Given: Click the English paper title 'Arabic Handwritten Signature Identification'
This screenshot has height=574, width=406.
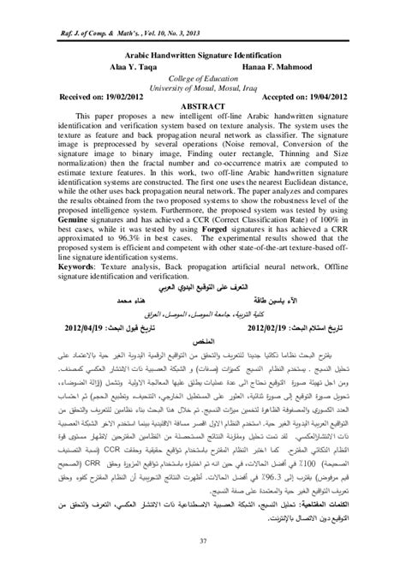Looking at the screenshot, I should click(x=201, y=52).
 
